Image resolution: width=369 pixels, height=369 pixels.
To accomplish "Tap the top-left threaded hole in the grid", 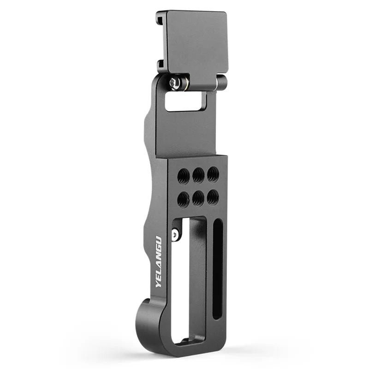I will pyautogui.click(x=184, y=174).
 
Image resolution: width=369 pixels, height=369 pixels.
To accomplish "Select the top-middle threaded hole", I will pyautogui.click(x=198, y=174).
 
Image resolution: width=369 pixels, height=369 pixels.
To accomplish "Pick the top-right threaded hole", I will pyautogui.click(x=212, y=173).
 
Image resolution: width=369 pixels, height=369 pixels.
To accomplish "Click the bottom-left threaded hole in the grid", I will pyautogui.click(x=184, y=199).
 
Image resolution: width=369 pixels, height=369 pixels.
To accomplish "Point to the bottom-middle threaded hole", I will pyautogui.click(x=198, y=198).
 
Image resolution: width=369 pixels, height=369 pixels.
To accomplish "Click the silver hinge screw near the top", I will pyautogui.click(x=175, y=83).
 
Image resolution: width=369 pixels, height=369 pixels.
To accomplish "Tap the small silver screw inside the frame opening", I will pyautogui.click(x=175, y=235).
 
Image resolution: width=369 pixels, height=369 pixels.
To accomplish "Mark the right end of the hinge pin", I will pyautogui.click(x=222, y=83).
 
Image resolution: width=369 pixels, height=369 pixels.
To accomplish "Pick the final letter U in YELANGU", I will pyautogui.click(x=158, y=240).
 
